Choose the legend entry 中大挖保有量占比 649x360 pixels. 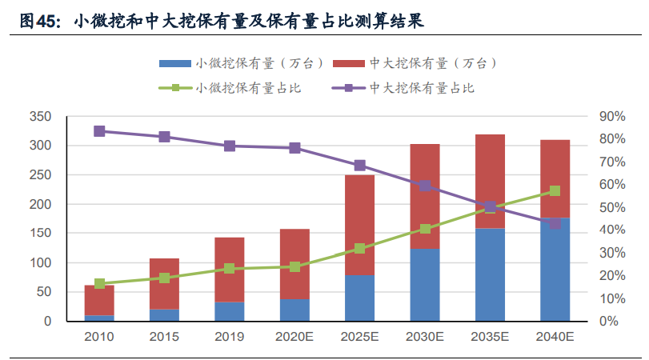click(x=423, y=87)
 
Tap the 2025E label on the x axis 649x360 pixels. click(x=359, y=337)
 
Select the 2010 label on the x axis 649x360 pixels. click(x=99, y=337)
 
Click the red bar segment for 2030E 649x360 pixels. click(x=425, y=196)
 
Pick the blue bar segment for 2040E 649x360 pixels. click(x=555, y=270)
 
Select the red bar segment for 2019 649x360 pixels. click(x=230, y=270)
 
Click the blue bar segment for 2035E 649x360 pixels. click(x=490, y=275)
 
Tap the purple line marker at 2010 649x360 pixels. click(x=99, y=131)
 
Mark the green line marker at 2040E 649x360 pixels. click(x=555, y=191)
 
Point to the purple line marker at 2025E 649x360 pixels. click(x=359, y=166)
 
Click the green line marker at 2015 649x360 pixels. click(x=164, y=278)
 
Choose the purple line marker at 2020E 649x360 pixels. click(x=294, y=148)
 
